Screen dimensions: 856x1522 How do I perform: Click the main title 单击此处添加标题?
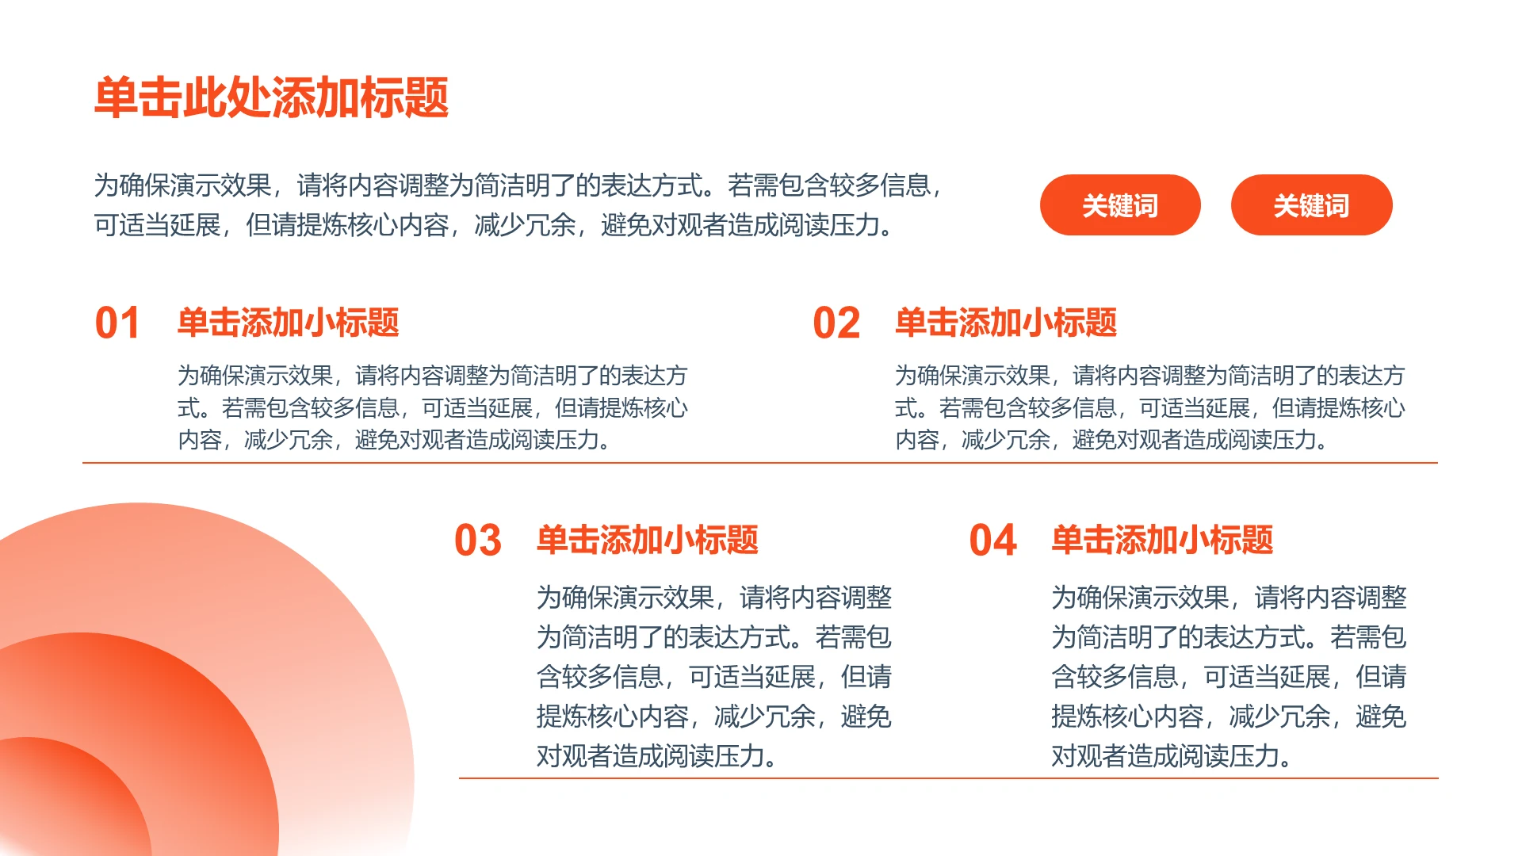click(271, 98)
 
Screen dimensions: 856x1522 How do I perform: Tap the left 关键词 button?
click(1119, 205)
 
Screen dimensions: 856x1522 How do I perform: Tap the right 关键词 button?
click(1311, 205)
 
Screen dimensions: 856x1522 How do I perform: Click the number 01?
click(117, 323)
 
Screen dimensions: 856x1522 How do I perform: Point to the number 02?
click(836, 323)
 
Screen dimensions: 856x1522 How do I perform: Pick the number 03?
click(477, 541)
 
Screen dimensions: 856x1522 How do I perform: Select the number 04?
click(992, 541)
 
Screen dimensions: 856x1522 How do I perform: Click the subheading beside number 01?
click(288, 323)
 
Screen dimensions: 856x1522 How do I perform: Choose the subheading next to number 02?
click(1006, 323)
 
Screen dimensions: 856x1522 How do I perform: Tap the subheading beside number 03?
click(647, 540)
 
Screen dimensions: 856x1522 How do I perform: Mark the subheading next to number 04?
click(1162, 540)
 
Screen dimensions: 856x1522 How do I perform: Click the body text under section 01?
click(432, 407)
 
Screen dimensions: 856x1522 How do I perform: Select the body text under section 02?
click(1149, 407)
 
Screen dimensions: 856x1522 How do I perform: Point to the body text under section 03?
click(713, 676)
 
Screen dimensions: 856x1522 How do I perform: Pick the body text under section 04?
click(1229, 676)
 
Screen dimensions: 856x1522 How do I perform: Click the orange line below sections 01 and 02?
click(759, 463)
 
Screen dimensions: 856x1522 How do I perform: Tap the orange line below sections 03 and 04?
click(948, 778)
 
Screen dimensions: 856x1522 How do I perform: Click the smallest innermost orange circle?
click(63, 801)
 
